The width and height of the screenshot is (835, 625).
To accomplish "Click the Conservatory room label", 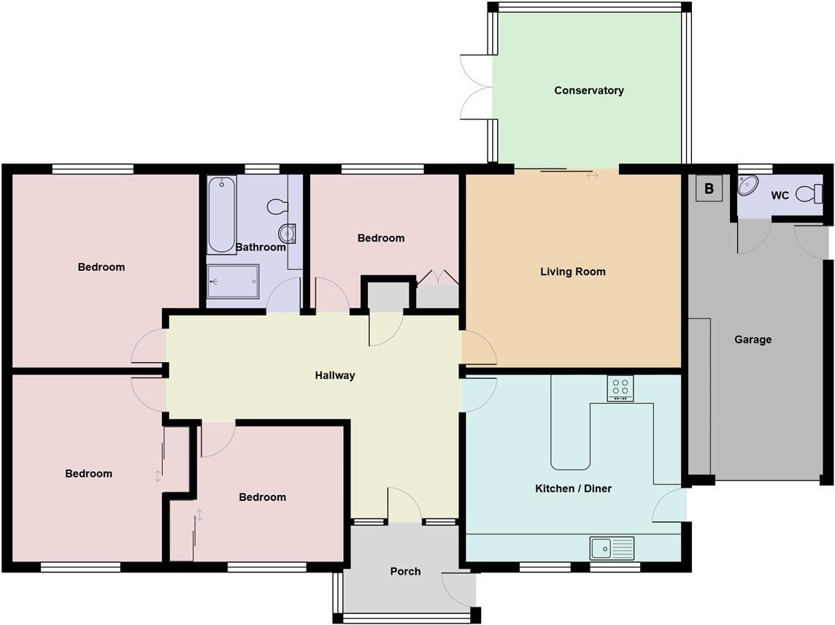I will pos(588,91).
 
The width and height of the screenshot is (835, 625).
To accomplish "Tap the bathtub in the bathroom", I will pos(221,214).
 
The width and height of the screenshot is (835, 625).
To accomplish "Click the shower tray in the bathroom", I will pos(232,281).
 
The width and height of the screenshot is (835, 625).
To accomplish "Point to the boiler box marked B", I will pos(708,189).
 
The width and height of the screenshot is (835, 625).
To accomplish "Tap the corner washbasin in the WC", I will pos(748,185).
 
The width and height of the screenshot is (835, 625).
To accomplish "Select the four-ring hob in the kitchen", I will pos(620,388).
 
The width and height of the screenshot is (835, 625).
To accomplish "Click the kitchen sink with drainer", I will pos(612,548).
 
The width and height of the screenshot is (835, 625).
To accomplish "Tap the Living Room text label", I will pos(572,272).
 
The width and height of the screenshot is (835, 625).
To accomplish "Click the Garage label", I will pos(753,340).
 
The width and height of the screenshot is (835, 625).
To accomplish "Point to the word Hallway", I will pos(334,375).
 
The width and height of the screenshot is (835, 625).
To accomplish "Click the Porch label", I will pos(405,571).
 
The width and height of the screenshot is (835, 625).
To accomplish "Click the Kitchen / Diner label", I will pos(573,488).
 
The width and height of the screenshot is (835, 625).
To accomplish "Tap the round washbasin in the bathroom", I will pos(287,233).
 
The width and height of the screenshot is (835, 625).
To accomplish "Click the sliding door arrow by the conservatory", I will pos(592,175).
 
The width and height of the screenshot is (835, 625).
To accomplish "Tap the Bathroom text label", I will pos(260,247).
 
